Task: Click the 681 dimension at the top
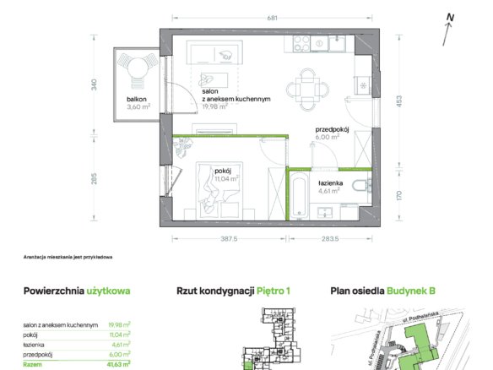[273, 18]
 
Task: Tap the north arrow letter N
[451, 18]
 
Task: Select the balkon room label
[137, 99]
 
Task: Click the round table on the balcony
[138, 68]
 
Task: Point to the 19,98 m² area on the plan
[214, 106]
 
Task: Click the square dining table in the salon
[307, 90]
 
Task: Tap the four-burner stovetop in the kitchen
[301, 44]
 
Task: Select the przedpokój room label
[332, 129]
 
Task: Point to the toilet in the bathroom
[360, 185]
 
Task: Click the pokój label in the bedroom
[223, 171]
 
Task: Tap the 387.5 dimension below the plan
[229, 239]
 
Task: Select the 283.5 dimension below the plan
[330, 239]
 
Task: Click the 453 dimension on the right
[399, 101]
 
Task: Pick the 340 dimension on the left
[94, 85]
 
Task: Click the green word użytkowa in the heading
[108, 291]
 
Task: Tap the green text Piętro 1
[274, 291]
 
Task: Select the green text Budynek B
[411, 291]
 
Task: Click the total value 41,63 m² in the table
[118, 365]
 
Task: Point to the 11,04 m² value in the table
[120, 335]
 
